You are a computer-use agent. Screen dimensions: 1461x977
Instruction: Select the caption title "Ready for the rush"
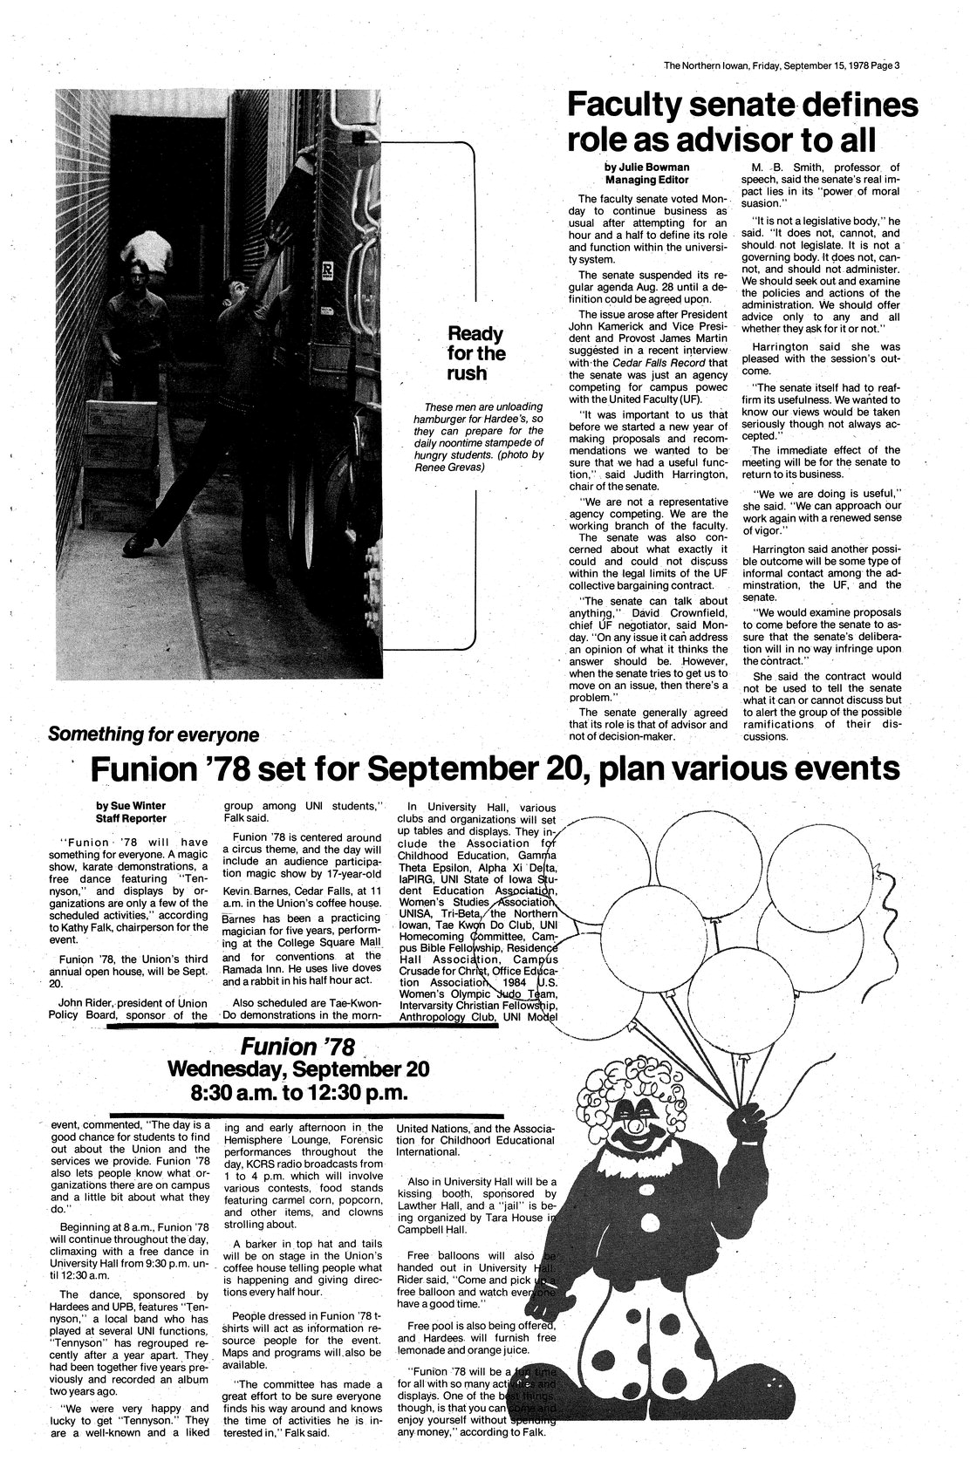[x=476, y=354]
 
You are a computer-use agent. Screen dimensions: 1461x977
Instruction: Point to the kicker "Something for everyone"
[x=154, y=734]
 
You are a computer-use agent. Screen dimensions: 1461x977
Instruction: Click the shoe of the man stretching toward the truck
[x=140, y=546]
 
